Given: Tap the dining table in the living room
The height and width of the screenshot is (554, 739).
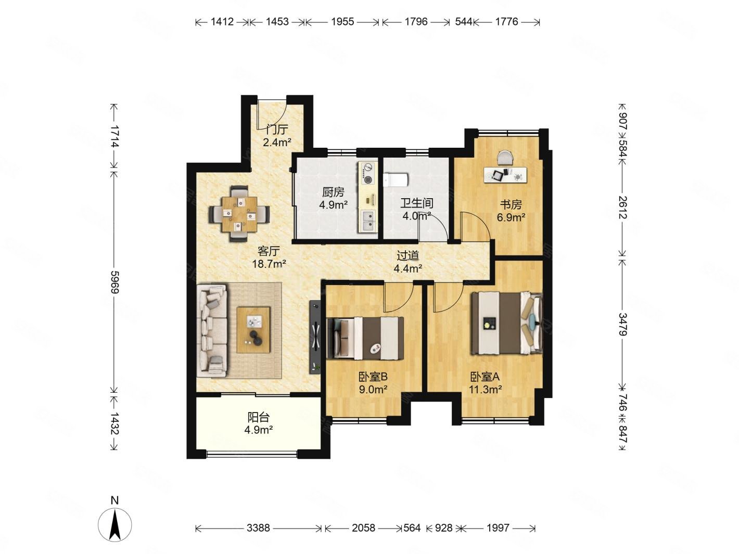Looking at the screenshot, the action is click(239, 214).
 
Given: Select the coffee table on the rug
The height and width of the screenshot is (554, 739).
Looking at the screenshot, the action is click(253, 329).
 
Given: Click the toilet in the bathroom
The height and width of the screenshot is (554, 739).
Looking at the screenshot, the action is click(396, 179).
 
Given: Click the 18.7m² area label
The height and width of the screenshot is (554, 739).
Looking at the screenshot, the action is click(269, 263).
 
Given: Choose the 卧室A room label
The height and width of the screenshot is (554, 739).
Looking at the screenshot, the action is click(485, 377).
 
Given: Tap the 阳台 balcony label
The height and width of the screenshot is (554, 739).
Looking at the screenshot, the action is click(259, 417).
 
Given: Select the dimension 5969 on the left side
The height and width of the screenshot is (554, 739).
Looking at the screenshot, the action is click(115, 282).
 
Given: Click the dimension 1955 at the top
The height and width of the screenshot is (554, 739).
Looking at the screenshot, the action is click(342, 22).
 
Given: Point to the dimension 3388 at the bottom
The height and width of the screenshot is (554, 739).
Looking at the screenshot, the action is click(258, 528).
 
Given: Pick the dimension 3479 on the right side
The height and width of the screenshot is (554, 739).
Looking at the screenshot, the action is click(622, 325).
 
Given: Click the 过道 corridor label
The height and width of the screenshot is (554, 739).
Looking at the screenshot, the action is click(407, 255).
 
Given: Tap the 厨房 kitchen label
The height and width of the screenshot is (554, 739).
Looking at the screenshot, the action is click(333, 192).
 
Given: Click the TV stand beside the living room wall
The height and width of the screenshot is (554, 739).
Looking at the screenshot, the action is click(315, 337).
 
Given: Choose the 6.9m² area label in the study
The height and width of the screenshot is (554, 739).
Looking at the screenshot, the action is click(511, 217).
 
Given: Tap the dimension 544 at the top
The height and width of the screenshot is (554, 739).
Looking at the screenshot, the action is click(464, 22).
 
